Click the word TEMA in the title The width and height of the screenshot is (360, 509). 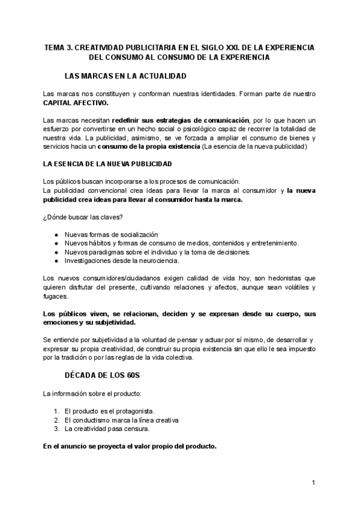pos(55,47)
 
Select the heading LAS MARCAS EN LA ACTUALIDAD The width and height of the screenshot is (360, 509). pos(125,76)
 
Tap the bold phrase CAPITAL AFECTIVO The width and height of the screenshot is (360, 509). pos(76,103)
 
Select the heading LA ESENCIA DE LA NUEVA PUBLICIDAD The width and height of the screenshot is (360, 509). pos(107,164)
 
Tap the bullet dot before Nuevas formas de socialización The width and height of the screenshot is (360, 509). pos(56,235)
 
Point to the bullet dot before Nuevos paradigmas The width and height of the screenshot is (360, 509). pos(56,252)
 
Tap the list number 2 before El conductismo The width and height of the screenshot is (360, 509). pos(55,420)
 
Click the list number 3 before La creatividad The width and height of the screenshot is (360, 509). pos(55,429)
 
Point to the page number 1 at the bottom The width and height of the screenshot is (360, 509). pos(313,483)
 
